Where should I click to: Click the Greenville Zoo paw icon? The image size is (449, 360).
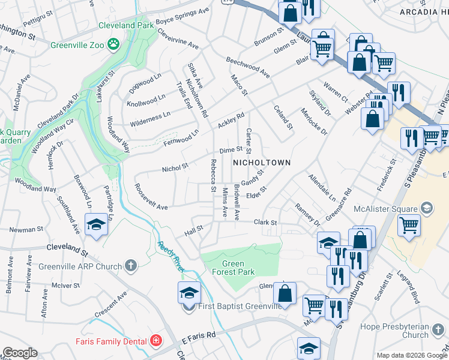pos(113,44)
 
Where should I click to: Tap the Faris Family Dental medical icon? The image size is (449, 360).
pos(156,341)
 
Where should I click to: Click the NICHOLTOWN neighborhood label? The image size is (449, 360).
pos(262,163)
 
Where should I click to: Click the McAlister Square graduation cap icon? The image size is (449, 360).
pos(426,209)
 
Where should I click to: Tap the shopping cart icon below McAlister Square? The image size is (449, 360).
pos(409,226)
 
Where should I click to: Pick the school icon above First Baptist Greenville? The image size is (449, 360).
pos(188,292)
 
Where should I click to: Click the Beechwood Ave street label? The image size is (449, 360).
pos(248,67)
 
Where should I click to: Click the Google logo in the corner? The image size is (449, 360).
pos(20,352)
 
